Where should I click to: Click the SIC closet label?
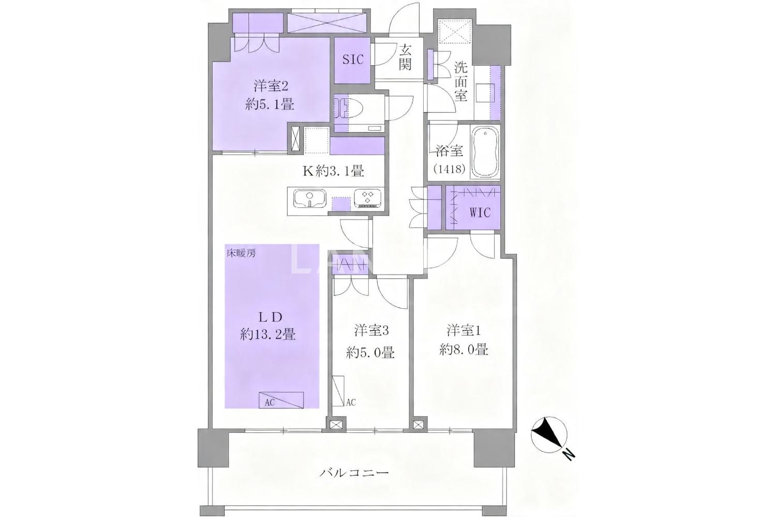(x=353, y=59)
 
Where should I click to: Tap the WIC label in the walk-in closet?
(x=480, y=212)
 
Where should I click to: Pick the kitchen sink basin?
(x=310, y=199)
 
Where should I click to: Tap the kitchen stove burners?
(x=367, y=199)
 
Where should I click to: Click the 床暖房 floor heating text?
(x=242, y=253)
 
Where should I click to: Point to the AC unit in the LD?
(x=281, y=400)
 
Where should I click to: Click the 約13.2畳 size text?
(x=268, y=335)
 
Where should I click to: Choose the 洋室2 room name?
(x=271, y=86)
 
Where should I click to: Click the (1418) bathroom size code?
(x=450, y=170)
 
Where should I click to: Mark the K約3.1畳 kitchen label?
(x=333, y=171)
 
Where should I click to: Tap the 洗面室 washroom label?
(x=460, y=81)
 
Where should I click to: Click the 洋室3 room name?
(x=371, y=331)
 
